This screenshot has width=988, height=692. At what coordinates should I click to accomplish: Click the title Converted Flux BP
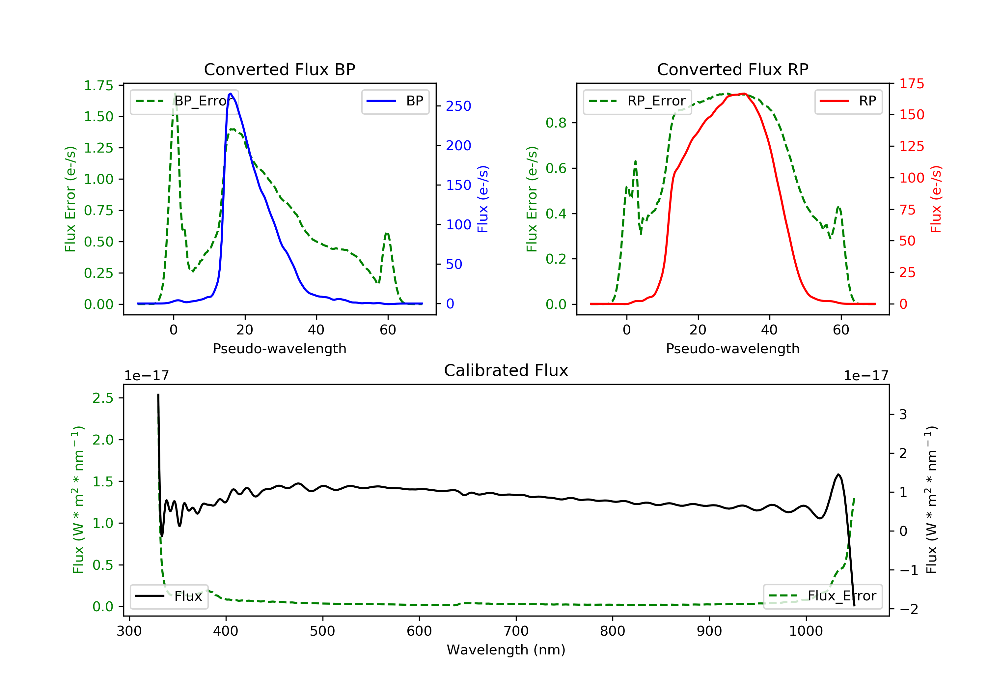point(279,69)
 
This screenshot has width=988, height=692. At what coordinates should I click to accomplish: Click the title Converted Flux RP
point(732,69)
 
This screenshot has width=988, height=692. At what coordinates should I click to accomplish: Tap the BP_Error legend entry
point(184,101)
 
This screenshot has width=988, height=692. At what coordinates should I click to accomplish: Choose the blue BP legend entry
point(395,101)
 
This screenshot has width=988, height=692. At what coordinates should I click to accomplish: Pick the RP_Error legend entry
point(637,101)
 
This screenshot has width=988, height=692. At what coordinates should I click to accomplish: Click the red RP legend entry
point(848,101)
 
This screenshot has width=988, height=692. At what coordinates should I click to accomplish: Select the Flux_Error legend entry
point(823,596)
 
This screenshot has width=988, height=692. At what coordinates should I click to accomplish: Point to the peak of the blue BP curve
point(231,94)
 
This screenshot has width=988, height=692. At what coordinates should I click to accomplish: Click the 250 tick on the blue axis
point(458,106)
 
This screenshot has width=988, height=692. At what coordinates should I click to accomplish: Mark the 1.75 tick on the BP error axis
point(98,86)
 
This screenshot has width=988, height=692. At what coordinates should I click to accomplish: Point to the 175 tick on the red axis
point(911,84)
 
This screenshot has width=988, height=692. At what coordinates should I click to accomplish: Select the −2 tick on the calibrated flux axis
point(908,609)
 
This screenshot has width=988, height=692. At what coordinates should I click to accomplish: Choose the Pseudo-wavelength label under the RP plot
point(732,348)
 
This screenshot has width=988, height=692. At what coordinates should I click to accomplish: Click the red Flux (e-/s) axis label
point(936,199)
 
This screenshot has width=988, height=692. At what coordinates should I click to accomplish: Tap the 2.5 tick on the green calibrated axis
point(103,398)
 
